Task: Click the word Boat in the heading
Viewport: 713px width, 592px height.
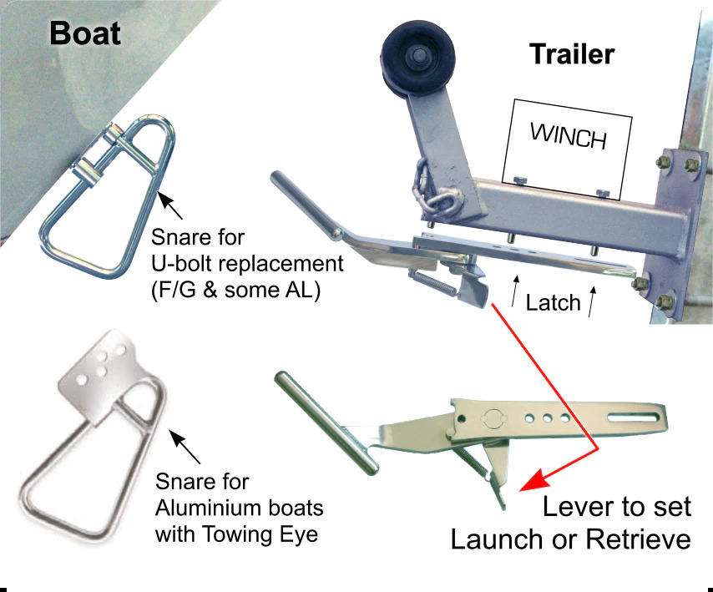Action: point(85,33)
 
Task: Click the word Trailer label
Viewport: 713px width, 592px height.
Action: point(572,55)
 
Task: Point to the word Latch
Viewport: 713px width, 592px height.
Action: point(553,302)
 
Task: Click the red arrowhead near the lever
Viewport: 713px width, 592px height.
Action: point(529,483)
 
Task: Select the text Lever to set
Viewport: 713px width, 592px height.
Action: point(617,507)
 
